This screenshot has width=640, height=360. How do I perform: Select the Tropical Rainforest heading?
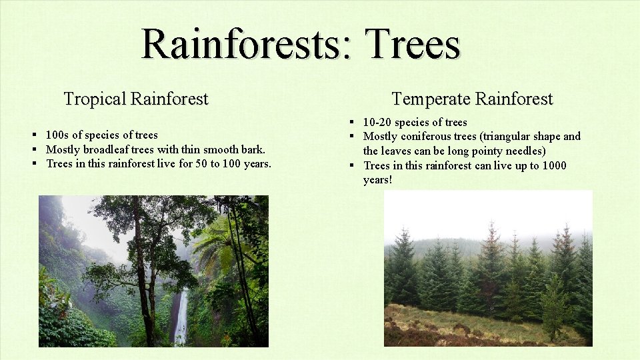[136, 99]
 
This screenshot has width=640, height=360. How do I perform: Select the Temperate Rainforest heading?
[472, 99]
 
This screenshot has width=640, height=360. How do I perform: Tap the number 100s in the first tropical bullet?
[57, 135]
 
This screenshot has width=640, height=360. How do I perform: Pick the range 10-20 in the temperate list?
[377, 122]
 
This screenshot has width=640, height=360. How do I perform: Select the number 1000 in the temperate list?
[553, 165]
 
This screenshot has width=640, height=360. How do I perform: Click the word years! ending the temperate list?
[377, 180]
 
